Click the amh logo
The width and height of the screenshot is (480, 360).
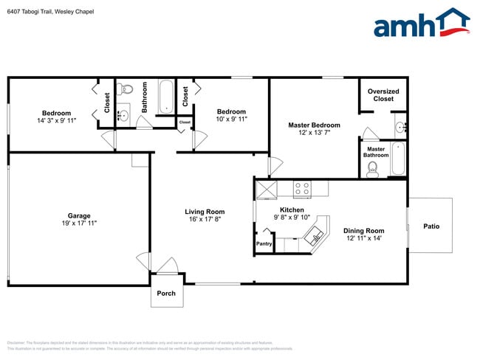click(421, 24)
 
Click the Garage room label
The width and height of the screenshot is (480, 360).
click(79, 215)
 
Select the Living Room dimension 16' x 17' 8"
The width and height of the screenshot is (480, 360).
click(205, 219)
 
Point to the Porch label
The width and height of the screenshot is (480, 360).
click(165, 293)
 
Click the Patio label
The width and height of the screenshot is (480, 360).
click(431, 226)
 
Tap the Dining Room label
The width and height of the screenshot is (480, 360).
click(365, 230)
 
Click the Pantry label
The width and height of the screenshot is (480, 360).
click(264, 244)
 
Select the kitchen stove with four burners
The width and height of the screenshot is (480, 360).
click(302, 189)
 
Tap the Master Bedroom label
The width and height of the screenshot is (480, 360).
click(314, 125)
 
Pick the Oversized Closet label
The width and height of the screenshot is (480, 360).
click(383, 95)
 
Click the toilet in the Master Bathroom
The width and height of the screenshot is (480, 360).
click(373, 168)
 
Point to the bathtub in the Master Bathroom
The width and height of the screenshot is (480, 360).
click(398, 159)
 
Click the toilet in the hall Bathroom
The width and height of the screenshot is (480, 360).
click(126, 91)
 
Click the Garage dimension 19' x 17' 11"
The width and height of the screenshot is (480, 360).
click(79, 223)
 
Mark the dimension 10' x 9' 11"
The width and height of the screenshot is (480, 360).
click(230, 119)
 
